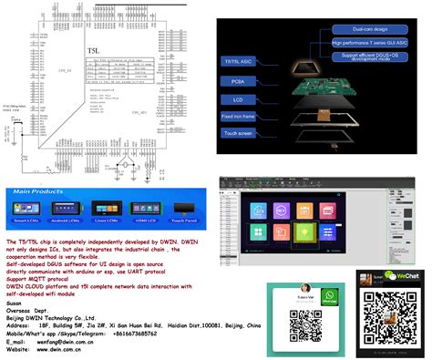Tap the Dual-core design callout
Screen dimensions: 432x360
(x=370, y=29)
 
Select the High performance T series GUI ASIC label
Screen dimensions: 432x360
(x=370, y=43)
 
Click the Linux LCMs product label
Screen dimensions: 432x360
(x=108, y=221)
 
